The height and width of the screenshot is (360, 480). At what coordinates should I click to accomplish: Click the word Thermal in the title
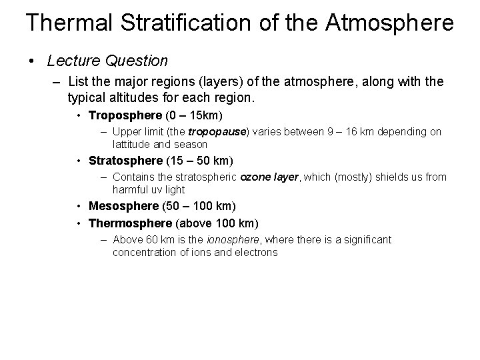pyautogui.click(x=70, y=23)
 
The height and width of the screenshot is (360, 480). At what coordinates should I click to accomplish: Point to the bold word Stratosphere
pyautogui.click(x=125, y=161)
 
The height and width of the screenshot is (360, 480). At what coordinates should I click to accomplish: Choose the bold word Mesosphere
pyautogui.click(x=124, y=206)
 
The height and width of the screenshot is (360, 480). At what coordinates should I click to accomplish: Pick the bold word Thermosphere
pyautogui.click(x=129, y=222)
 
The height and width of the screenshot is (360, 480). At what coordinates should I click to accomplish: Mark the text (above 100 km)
pyautogui.click(x=217, y=222)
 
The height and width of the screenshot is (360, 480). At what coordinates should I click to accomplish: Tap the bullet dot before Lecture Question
pyautogui.click(x=32, y=61)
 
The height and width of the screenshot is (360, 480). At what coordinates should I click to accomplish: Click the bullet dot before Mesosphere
pyautogui.click(x=79, y=206)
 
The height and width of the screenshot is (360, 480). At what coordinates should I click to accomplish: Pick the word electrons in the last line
pyautogui.click(x=256, y=253)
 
